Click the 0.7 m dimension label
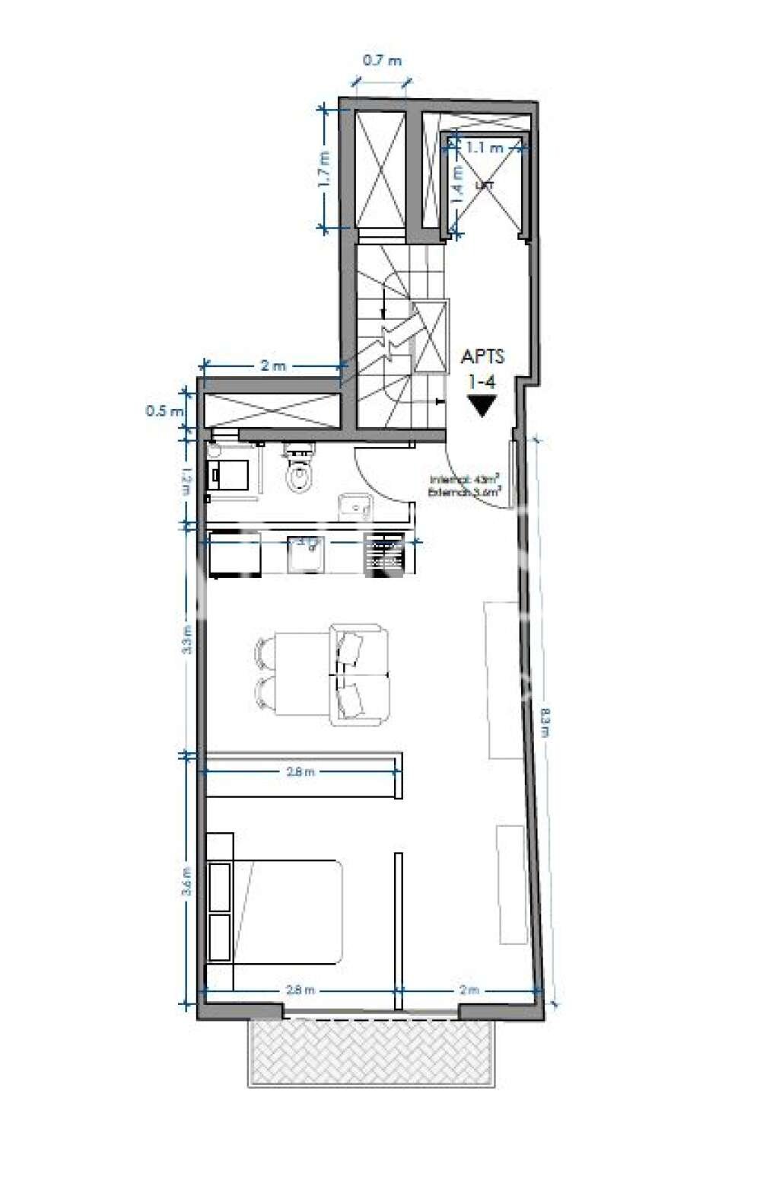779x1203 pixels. (x=382, y=61)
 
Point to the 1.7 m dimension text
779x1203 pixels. (x=325, y=169)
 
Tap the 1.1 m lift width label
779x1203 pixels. (x=485, y=148)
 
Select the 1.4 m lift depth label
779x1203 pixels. (x=458, y=183)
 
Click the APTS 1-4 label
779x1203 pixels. (x=483, y=365)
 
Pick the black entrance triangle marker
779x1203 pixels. (x=482, y=406)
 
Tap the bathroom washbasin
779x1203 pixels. (x=355, y=505)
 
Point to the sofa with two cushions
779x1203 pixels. (x=360, y=674)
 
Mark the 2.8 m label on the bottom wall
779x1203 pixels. (x=300, y=991)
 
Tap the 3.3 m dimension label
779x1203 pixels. (x=187, y=640)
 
